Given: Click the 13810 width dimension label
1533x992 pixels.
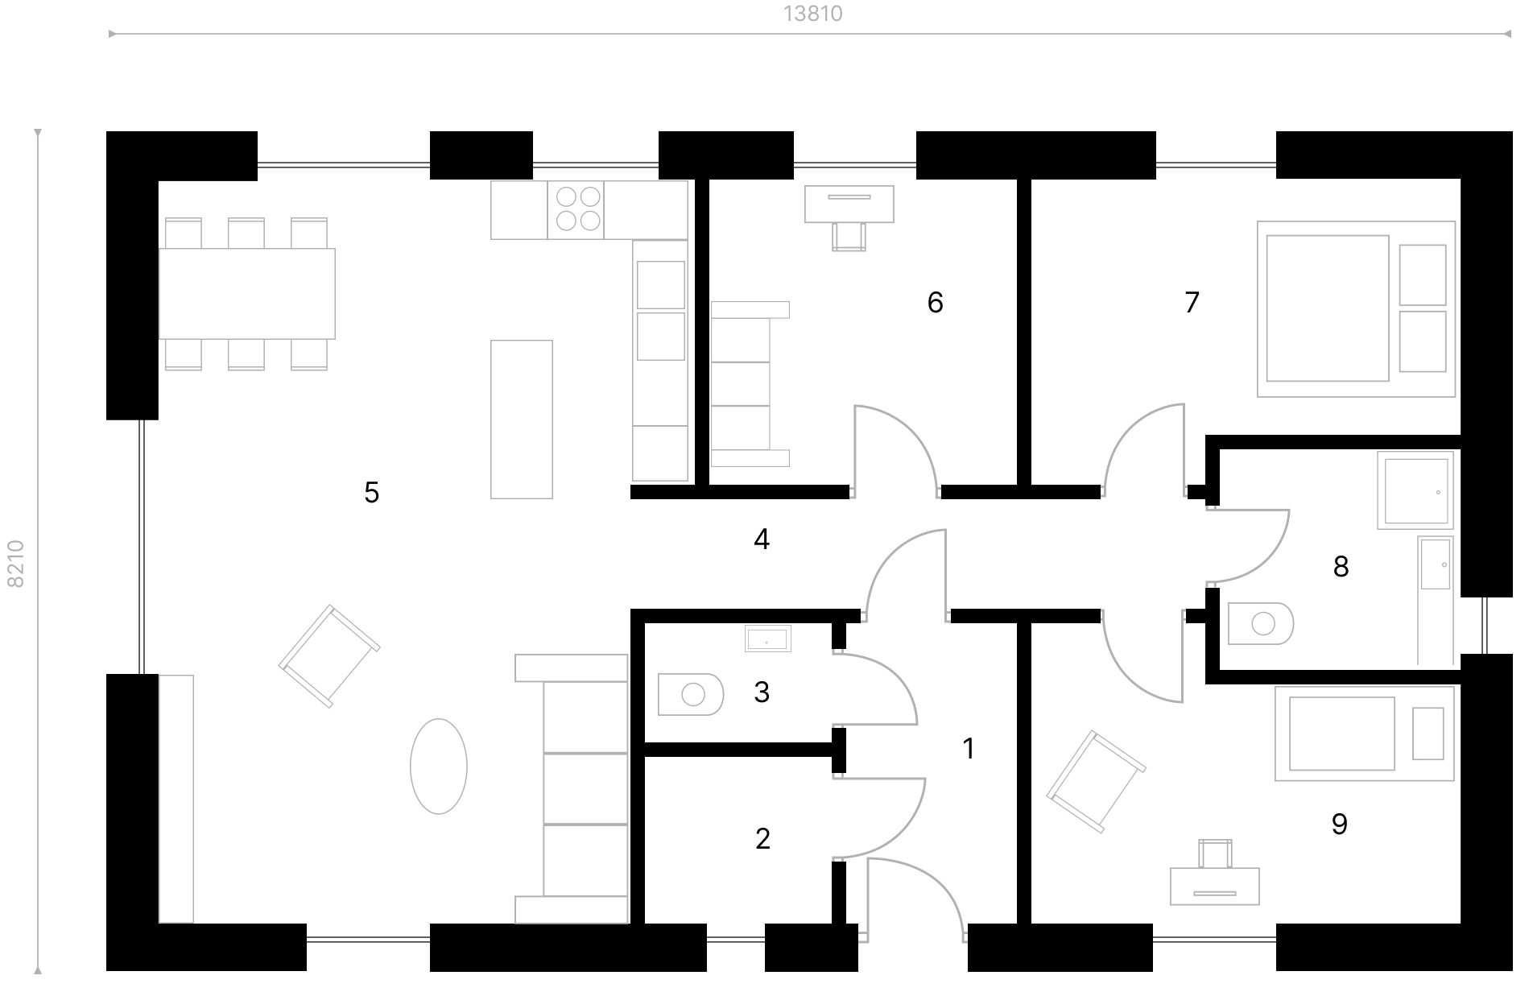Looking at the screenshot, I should click(812, 14).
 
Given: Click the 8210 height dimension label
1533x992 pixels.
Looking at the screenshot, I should click(16, 564).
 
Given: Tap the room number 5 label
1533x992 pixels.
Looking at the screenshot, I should click(371, 492).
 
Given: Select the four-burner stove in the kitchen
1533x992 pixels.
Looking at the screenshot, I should click(576, 209).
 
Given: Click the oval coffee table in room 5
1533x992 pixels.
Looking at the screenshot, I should click(439, 766).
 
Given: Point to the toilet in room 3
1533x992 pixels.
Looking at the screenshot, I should click(690, 693).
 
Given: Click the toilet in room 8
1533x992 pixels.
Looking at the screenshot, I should click(1261, 622).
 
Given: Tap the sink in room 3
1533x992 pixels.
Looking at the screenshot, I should click(767, 639).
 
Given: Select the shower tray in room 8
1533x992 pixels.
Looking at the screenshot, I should click(1415, 490).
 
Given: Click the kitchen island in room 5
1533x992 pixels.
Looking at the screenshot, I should click(522, 419).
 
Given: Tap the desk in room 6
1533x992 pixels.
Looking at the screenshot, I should click(849, 204).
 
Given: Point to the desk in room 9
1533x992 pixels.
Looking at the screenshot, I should click(1214, 886).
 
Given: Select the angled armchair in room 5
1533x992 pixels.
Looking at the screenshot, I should click(329, 655).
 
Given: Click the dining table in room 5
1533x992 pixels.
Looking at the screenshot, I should click(246, 293).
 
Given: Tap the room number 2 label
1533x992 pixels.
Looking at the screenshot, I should click(762, 839).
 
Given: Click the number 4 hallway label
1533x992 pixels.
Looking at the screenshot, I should click(762, 539).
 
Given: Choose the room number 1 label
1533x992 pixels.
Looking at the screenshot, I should click(969, 749).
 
